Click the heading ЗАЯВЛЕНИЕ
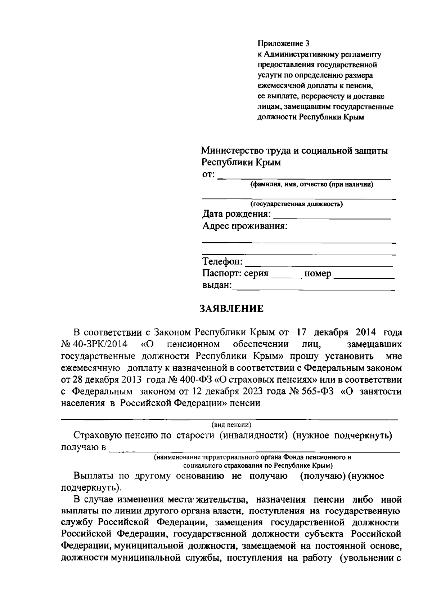(231, 309)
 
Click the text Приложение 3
(283, 44)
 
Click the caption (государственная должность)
(297, 204)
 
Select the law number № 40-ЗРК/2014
(94, 344)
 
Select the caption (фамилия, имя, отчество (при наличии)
(312, 185)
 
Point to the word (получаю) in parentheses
(323, 476)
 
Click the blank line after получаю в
(254, 450)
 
